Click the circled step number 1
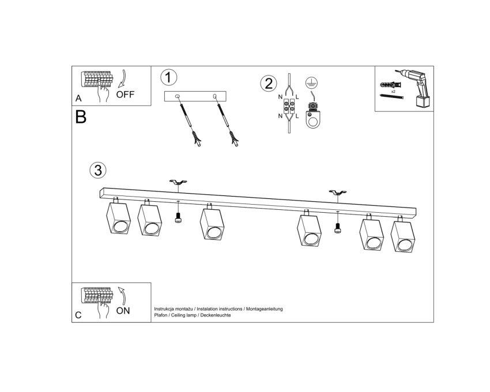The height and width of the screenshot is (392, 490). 169,77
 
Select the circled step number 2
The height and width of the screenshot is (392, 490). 269,84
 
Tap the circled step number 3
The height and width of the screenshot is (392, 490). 98,171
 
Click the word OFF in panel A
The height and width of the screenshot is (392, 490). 125,95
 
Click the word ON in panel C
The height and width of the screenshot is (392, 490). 123,311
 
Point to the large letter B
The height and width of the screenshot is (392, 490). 81,117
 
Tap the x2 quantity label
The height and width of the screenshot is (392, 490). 393,92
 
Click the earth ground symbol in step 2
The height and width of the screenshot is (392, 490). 311,82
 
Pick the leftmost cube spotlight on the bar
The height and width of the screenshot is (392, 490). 118,216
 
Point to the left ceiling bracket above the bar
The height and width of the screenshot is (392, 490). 178,182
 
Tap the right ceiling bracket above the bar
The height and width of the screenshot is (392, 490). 337,192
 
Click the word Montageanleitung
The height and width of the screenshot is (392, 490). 265,309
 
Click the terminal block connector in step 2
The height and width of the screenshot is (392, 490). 289,106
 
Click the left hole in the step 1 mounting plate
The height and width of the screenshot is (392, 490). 177,96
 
